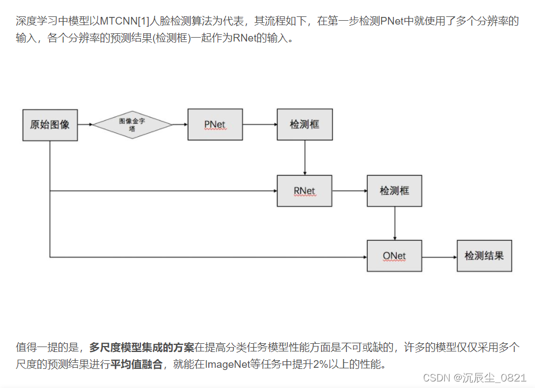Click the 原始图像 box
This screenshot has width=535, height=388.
tap(50, 124)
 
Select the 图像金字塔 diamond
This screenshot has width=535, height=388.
tap(132, 124)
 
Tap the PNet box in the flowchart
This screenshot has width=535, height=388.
tap(215, 124)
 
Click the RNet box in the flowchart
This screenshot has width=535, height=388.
tap(304, 191)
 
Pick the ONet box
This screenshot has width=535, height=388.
tap(394, 255)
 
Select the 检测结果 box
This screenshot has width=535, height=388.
tap(484, 255)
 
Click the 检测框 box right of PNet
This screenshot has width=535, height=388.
tap(304, 124)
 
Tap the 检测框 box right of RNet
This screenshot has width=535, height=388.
tap(394, 191)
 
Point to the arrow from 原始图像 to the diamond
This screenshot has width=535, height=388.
tap(85, 124)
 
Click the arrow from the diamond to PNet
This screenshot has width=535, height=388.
tap(180, 124)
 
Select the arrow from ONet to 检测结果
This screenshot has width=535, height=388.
tap(439, 256)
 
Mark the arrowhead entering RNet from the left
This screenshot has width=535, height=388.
tap(274, 191)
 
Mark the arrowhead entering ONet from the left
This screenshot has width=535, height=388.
tap(364, 256)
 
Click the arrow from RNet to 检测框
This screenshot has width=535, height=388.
tap(349, 191)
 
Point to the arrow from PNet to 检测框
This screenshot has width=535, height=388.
tap(260, 124)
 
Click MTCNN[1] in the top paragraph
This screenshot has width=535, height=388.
tap(122, 23)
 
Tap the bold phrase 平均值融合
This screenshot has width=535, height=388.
tap(137, 364)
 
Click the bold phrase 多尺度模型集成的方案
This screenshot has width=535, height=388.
tap(142, 348)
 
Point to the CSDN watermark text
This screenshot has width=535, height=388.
tap(475, 377)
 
